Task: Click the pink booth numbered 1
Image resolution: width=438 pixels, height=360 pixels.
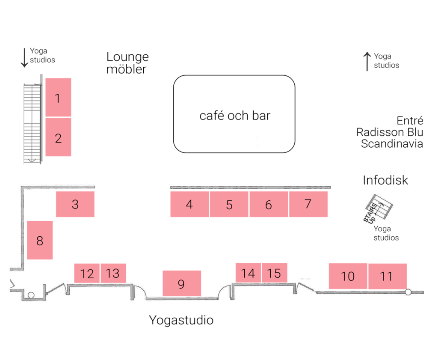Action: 58,97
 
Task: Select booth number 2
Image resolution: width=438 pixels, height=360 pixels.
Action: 58,137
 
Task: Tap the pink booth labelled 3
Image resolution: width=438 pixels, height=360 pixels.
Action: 75,204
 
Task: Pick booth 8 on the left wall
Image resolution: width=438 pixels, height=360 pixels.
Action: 40,240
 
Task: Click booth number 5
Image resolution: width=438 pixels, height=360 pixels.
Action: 229,204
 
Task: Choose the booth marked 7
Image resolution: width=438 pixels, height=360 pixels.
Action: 308,204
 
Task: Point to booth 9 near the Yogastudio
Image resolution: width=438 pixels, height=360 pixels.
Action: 181,283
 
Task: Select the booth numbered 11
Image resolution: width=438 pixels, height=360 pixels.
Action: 387,276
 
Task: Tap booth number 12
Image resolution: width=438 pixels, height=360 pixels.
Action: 87,273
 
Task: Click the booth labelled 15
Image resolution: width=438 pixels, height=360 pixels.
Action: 274,273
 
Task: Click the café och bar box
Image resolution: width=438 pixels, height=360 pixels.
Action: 234,114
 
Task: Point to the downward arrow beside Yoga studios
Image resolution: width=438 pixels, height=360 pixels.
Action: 24,57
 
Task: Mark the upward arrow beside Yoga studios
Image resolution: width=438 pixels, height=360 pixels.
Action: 367,61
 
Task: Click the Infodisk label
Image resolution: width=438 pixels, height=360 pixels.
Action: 385,180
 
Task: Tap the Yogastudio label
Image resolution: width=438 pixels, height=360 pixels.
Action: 181,320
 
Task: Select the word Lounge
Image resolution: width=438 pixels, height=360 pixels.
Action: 127,57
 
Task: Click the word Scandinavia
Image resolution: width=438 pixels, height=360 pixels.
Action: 392,144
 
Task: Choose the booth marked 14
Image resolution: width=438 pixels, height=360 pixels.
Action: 248,273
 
